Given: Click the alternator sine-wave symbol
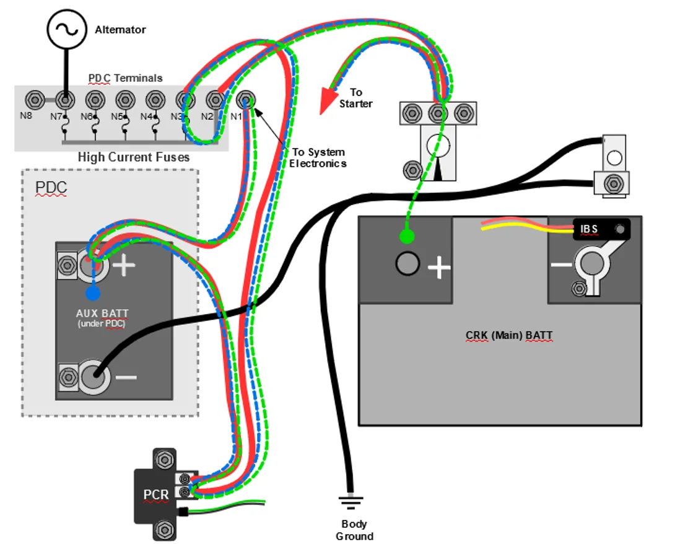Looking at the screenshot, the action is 67,30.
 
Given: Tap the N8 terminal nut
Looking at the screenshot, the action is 35,100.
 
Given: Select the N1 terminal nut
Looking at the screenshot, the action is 246,100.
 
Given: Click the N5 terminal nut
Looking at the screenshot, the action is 125,100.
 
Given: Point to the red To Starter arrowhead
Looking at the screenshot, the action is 327,100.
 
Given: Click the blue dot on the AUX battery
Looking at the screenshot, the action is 93,293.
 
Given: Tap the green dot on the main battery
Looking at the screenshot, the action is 407,237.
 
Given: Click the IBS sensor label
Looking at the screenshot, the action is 589,229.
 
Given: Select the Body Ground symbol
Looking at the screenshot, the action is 351,502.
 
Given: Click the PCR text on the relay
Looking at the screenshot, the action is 155,494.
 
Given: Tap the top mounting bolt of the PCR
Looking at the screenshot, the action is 165,460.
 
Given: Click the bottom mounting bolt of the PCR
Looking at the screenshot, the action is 165,530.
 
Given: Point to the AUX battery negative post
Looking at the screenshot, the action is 94,376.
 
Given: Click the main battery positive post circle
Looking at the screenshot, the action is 408,263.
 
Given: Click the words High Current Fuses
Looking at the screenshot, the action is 134,157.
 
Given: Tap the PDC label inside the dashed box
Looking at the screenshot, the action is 51,187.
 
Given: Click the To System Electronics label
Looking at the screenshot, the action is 318,158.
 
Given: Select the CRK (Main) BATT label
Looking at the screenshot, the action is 509,335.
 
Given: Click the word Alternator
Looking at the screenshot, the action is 120,30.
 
